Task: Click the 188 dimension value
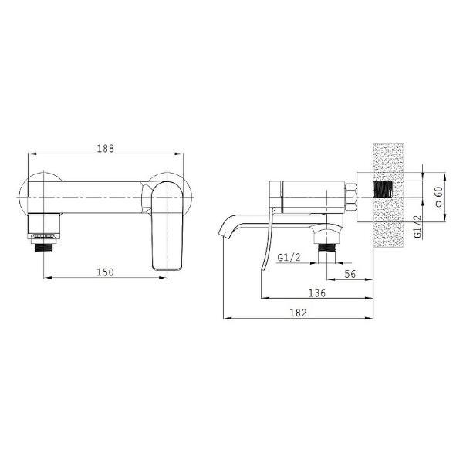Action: (x=106, y=148)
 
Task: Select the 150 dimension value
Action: (x=105, y=272)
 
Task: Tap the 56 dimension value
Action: (x=350, y=274)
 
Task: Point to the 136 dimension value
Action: (x=317, y=293)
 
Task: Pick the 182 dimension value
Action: (x=298, y=313)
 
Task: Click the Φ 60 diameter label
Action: (x=439, y=196)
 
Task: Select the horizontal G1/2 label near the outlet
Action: (x=289, y=258)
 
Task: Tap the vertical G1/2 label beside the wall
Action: (x=418, y=226)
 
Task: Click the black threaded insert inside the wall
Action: (x=384, y=189)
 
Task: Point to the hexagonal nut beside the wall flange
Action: (x=350, y=197)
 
